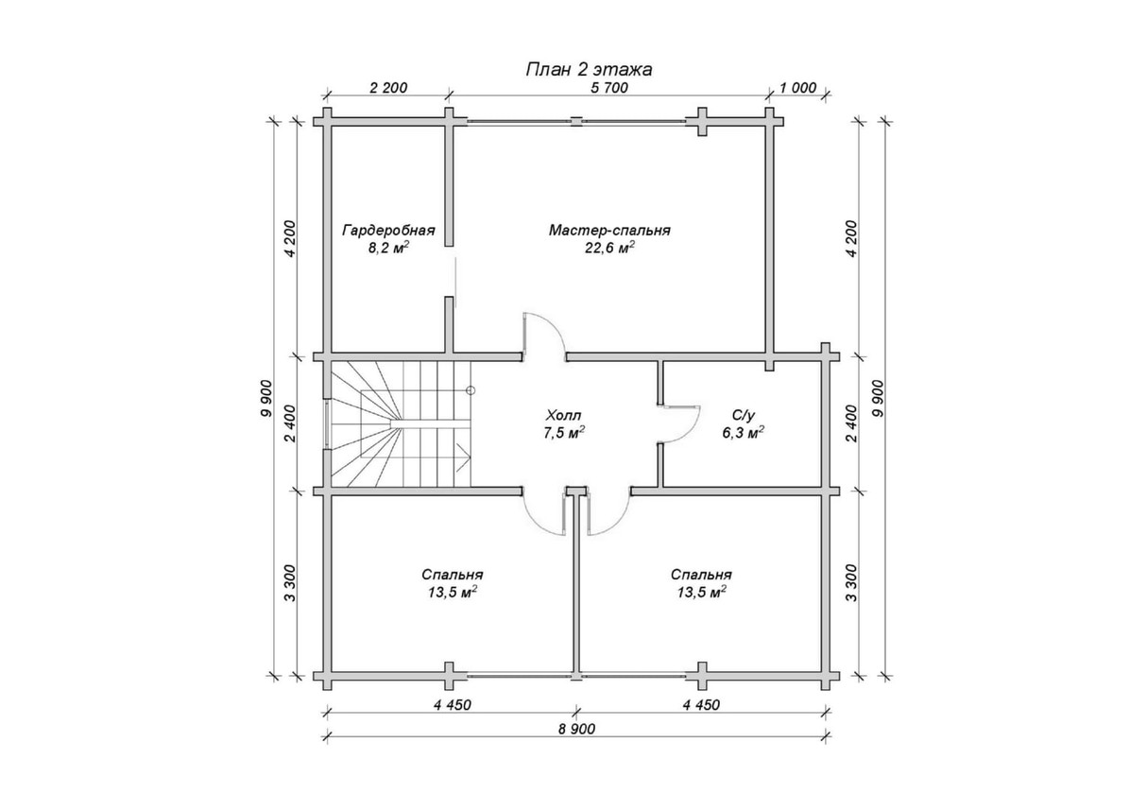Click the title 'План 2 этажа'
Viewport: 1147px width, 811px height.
coord(589,69)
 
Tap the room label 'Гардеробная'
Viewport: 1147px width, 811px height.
coord(388,231)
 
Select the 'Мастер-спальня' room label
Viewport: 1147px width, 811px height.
coord(609,231)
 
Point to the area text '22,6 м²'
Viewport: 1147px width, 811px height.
coord(609,248)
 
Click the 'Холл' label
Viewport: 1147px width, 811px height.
coord(564,415)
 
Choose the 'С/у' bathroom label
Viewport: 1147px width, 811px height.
coord(744,415)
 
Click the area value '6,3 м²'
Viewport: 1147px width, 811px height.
coord(744,432)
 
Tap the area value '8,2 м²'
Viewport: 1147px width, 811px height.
coord(388,248)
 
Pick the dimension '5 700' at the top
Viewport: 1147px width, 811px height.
coord(609,88)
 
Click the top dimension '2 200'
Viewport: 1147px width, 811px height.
coord(388,88)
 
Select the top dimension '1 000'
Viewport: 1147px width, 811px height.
coord(798,88)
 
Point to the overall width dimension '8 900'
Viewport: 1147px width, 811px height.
coord(576,729)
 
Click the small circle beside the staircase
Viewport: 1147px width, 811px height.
coord(471,390)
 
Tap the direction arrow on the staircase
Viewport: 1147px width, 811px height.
coord(463,457)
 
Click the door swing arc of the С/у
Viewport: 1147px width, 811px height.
coord(681,424)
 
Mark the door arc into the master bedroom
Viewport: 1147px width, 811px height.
coord(544,334)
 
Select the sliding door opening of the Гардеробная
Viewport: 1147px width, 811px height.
coord(454,282)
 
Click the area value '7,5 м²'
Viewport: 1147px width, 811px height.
coord(564,433)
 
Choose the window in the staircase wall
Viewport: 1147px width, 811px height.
coord(327,424)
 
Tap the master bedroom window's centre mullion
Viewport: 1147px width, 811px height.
coord(576,121)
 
